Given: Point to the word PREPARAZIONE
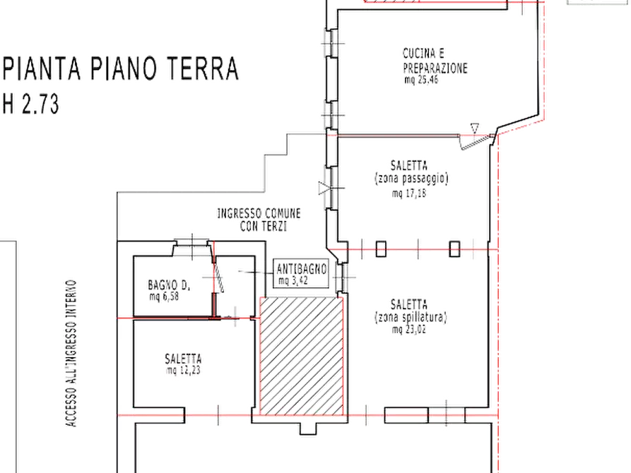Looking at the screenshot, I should click(435, 67).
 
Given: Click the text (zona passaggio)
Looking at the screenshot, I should click(413, 178).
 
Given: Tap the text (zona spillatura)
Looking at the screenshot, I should click(413, 319).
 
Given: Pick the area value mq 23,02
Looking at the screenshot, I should click(413, 330).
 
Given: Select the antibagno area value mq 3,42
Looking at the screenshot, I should click(294, 280).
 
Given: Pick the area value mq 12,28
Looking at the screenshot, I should click(183, 370).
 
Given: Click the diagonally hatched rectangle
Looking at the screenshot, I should click(302, 354).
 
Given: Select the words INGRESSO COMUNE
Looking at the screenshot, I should click(260, 212).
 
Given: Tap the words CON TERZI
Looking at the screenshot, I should click(261, 225).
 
